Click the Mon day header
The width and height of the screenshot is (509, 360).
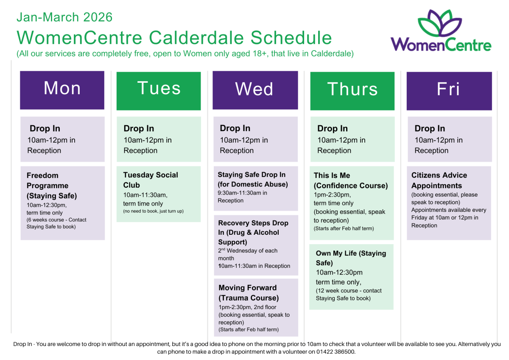pos(62,90)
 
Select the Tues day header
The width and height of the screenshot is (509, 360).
pos(159,91)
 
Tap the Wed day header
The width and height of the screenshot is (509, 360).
pos(255,90)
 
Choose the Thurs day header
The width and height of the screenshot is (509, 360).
pos(352,91)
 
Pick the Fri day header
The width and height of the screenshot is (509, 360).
pos(449,91)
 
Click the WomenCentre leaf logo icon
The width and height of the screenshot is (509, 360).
pos(440,23)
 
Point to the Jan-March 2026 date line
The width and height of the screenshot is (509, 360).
pos(64,17)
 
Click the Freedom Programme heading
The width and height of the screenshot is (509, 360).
pos(52,186)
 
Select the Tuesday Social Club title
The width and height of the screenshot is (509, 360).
pos(151,180)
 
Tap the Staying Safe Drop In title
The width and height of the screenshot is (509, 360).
pos(253,180)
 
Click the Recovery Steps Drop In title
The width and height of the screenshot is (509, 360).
pos(253,232)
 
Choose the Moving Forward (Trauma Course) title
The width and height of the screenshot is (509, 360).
pos(249,292)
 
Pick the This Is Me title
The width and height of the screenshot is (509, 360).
pos(332,175)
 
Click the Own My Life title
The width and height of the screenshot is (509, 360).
pos(351,258)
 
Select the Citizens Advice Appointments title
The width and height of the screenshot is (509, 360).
pos(439,180)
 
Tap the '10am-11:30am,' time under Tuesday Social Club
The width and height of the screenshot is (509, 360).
pos(145,195)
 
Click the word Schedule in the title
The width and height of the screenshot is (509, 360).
pos(291,37)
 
